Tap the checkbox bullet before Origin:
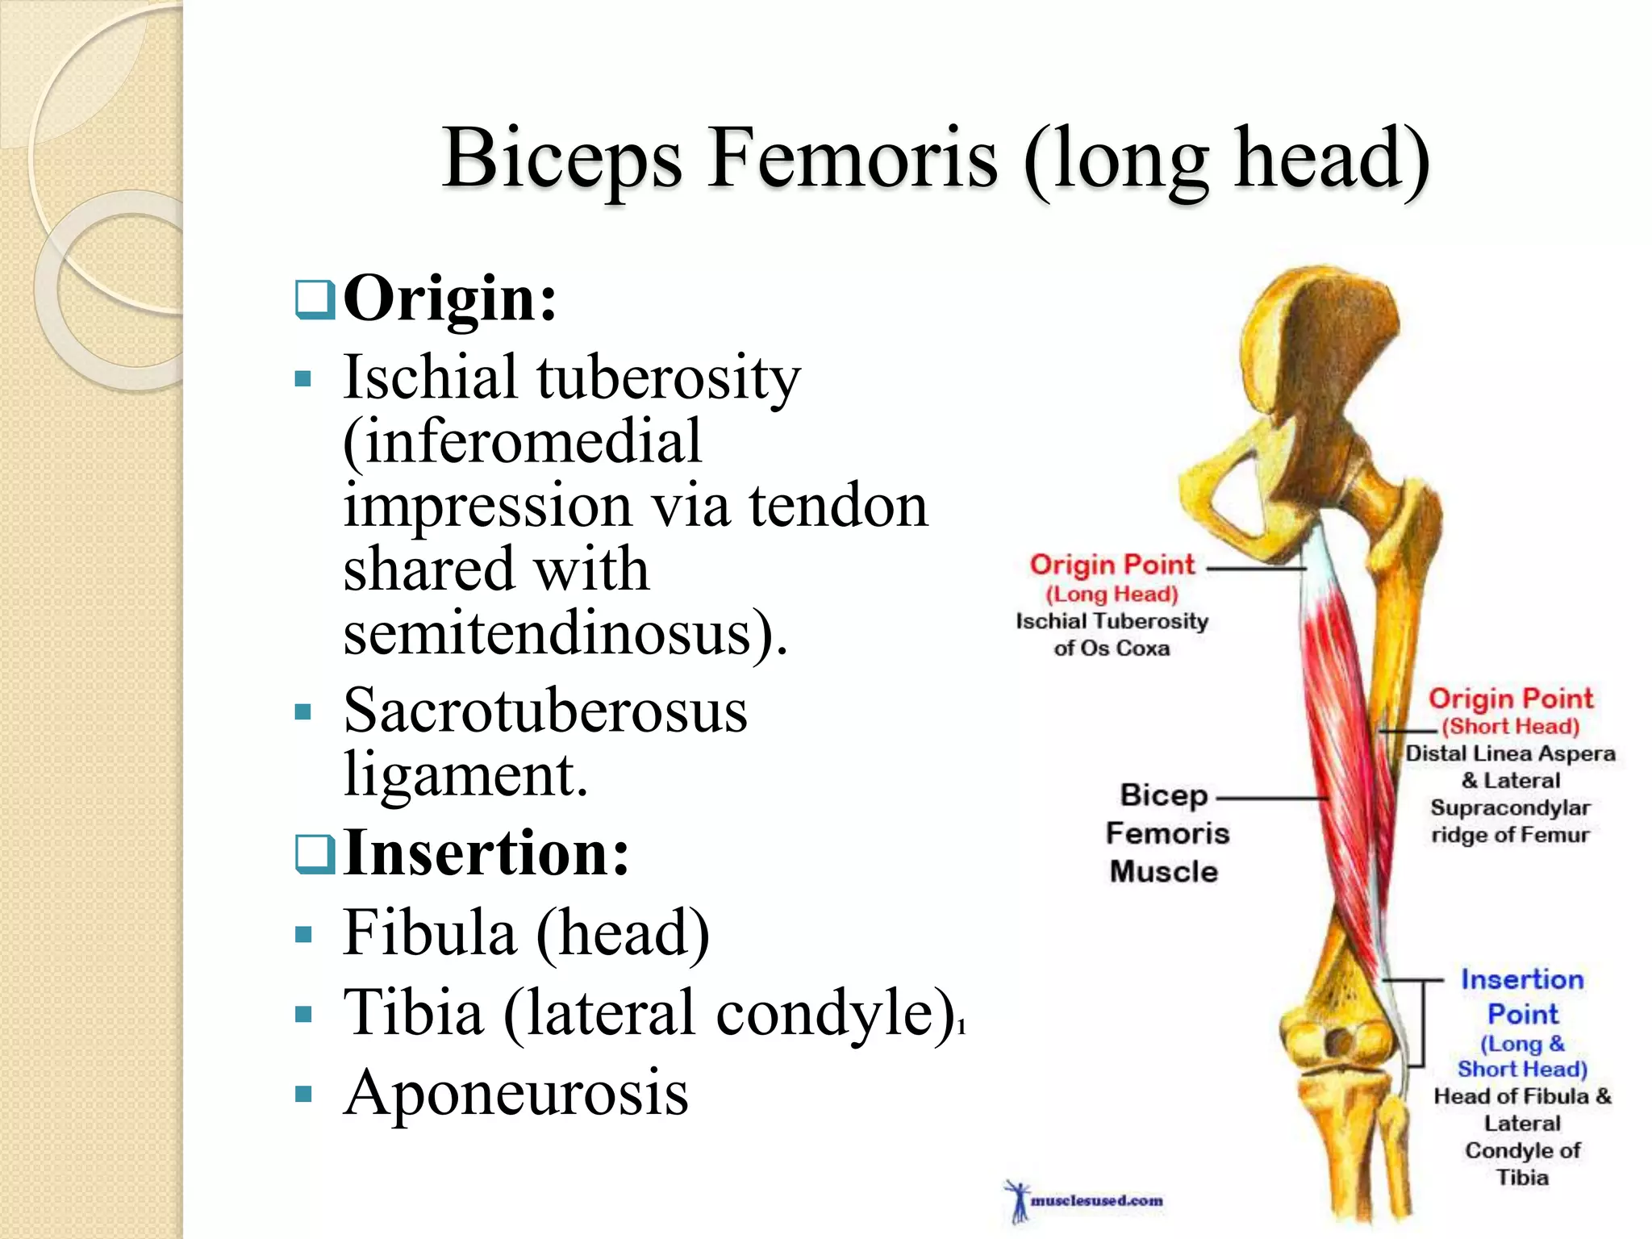[315, 300]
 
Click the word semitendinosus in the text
[557, 633]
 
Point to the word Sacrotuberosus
[545, 711]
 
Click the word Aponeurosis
[516, 1093]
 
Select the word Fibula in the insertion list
[429, 933]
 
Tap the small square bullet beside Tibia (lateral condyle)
[303, 1015]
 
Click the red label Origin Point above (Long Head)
[1112, 565]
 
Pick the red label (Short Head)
[1510, 726]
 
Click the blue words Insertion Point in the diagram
[1522, 996]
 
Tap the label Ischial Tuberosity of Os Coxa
[1112, 634]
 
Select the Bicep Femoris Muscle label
[1166, 833]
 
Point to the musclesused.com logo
[1085, 1200]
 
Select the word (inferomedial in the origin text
[523, 442]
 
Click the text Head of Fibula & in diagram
[1521, 1096]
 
